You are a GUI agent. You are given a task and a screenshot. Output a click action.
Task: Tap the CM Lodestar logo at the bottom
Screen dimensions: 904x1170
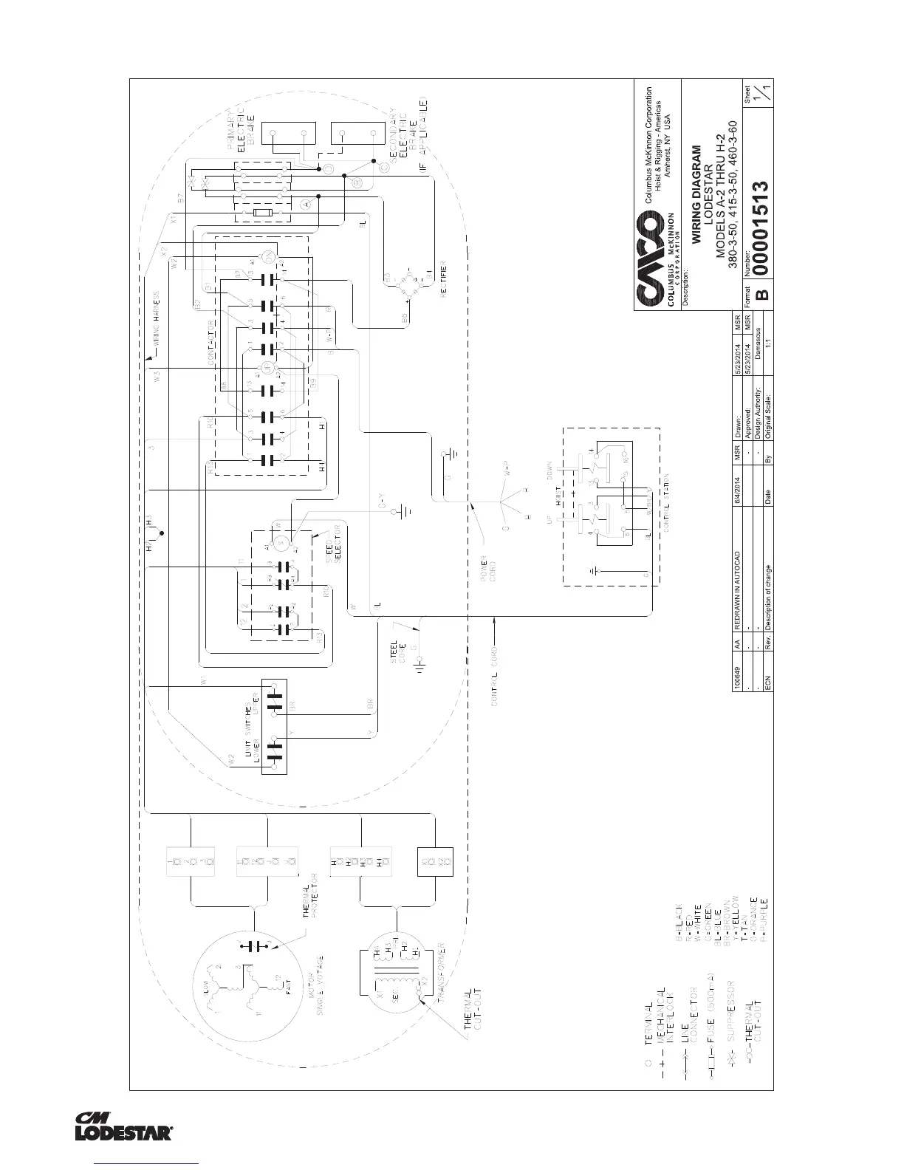coord(124,1126)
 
